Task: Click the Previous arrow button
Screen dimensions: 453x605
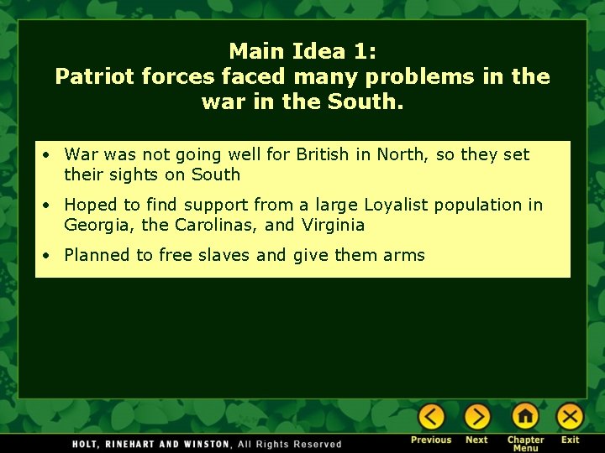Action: [x=431, y=417]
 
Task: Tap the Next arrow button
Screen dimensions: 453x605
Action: [x=476, y=417]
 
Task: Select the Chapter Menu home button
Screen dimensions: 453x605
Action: [x=525, y=417]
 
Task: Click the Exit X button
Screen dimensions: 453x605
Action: [x=570, y=417]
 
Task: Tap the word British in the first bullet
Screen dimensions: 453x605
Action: [x=323, y=154]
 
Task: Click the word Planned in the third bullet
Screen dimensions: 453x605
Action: [x=98, y=255]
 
